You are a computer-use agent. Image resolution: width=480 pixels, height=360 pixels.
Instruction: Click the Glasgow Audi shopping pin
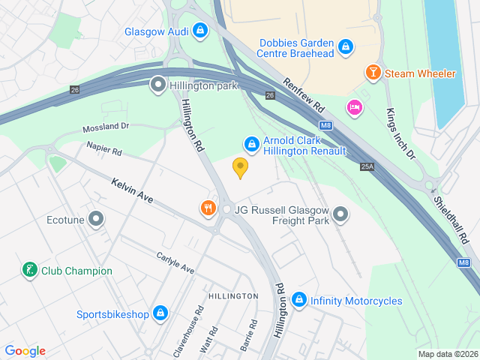[x=199, y=31]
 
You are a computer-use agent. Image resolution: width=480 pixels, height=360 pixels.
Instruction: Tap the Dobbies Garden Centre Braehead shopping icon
[x=345, y=47]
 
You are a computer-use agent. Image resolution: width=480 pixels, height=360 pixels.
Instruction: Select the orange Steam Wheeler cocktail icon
[x=372, y=73]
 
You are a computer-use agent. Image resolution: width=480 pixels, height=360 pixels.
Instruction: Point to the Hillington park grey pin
[x=158, y=85]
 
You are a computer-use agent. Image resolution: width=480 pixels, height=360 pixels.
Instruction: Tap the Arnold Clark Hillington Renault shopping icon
[x=251, y=143]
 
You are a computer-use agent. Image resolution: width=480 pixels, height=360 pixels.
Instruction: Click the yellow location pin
[x=240, y=167]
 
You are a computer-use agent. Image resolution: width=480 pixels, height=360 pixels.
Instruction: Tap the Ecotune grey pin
[x=95, y=220]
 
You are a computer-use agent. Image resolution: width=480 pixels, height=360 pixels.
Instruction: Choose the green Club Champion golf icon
[x=29, y=271]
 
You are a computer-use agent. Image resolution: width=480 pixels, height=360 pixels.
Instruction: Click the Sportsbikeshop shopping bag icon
[x=160, y=313]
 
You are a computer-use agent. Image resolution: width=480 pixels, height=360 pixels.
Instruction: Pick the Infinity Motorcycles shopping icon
[x=298, y=301]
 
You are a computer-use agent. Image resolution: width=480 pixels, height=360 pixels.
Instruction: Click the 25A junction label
[x=367, y=166]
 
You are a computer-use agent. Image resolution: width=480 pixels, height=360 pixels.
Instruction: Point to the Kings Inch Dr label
[x=400, y=133]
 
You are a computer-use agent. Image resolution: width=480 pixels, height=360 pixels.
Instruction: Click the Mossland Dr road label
[x=106, y=127]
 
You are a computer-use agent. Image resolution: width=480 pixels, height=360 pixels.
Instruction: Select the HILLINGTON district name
[x=233, y=296]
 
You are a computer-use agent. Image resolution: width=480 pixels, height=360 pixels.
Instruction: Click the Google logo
[x=25, y=351]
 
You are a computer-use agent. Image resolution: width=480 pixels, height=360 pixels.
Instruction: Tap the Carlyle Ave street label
[x=175, y=262]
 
